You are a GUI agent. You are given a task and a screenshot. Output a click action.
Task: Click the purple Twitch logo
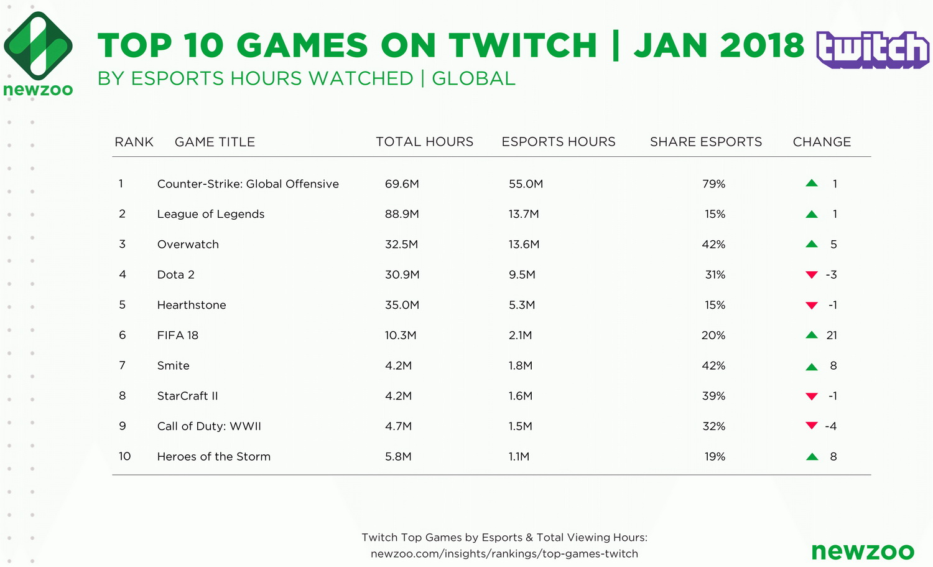(872, 49)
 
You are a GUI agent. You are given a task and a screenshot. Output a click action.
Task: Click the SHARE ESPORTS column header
(705, 142)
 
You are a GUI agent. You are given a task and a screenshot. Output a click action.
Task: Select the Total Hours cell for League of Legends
(402, 214)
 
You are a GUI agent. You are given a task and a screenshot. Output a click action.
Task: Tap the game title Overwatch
(188, 245)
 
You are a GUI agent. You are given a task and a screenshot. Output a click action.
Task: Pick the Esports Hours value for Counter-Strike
(526, 184)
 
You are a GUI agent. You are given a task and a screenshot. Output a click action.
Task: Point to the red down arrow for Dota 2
(811, 275)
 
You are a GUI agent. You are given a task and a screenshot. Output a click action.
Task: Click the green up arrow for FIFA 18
(811, 335)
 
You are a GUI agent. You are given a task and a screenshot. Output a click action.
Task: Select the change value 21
(832, 335)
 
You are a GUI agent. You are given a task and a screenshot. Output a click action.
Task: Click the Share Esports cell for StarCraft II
(713, 396)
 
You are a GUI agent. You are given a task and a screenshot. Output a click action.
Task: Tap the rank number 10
(124, 456)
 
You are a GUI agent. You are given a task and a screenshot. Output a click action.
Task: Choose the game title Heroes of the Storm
(213, 456)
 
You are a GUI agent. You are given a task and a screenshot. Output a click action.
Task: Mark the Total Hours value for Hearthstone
(402, 305)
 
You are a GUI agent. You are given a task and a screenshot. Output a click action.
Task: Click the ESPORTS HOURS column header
(558, 142)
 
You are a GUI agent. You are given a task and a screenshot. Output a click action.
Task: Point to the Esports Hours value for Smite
(520, 366)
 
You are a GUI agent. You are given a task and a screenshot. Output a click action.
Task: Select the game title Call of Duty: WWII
(209, 426)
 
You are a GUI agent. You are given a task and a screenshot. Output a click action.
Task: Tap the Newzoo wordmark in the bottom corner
(862, 551)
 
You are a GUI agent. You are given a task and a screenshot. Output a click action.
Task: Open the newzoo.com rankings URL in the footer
(504, 553)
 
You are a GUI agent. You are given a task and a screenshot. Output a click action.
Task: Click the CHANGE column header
(821, 142)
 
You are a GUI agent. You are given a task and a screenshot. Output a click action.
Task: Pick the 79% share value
(713, 184)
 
